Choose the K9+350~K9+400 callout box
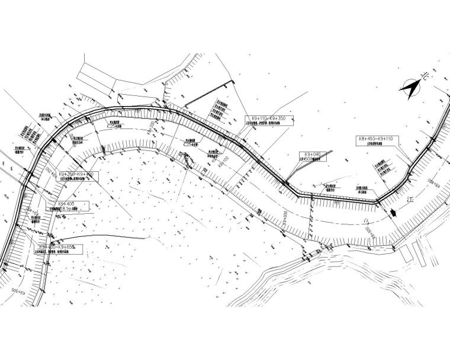(x=76, y=176)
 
